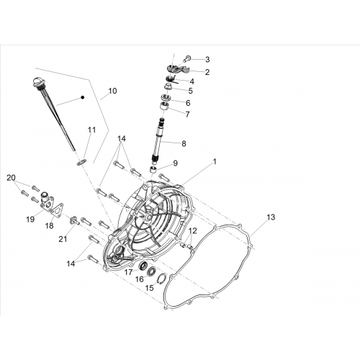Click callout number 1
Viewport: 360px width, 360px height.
[215, 162]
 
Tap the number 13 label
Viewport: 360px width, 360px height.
[271, 217]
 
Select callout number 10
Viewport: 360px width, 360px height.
[112, 91]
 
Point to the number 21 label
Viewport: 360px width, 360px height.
[63, 239]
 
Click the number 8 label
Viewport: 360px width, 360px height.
[184, 144]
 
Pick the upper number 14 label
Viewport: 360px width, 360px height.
[122, 138]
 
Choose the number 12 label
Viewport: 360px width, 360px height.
[193, 230]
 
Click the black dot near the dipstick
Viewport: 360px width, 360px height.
[82, 97]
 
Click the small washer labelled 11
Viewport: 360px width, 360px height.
[81, 162]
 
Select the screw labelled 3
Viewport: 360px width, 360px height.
[188, 58]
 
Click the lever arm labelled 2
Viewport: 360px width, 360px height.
[178, 69]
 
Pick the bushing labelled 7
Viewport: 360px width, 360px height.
[164, 106]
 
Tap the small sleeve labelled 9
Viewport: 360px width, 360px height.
[153, 169]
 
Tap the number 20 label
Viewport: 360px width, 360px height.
[11, 178]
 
